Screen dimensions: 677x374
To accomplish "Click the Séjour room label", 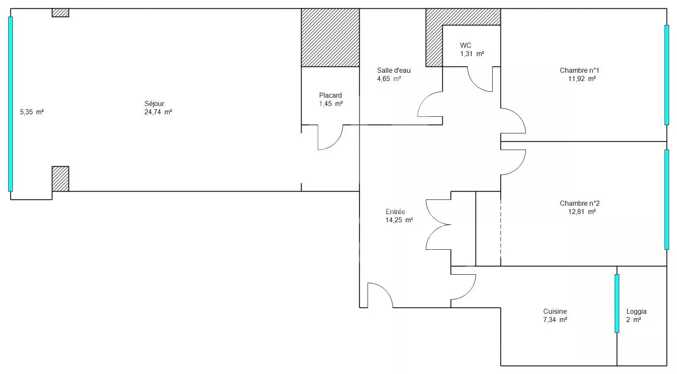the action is pyautogui.click(x=154, y=104).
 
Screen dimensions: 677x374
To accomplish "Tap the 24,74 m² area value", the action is pyautogui.click(x=158, y=112).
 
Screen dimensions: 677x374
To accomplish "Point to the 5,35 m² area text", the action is pyautogui.click(x=32, y=112).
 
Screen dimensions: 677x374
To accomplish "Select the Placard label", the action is pyautogui.click(x=330, y=95).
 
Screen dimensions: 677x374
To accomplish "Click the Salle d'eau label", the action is pyautogui.click(x=394, y=71).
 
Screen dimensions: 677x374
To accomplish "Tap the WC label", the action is pyautogui.click(x=466, y=45).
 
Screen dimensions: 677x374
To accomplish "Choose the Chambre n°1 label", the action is pyautogui.click(x=579, y=71).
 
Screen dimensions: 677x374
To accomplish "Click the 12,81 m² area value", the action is pyautogui.click(x=582, y=212).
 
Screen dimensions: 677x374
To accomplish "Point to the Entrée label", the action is pyautogui.click(x=395, y=212).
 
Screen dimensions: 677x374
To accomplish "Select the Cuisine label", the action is pyautogui.click(x=555, y=311).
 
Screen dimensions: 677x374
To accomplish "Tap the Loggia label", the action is pyautogui.click(x=636, y=311).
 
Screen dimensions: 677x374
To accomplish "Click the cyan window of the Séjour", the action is pyautogui.click(x=10, y=104).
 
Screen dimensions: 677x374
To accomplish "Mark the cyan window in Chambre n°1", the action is pyautogui.click(x=667, y=75).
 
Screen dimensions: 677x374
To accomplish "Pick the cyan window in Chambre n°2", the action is pyautogui.click(x=667, y=199).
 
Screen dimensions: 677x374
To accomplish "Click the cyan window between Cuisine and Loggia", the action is pyautogui.click(x=617, y=303).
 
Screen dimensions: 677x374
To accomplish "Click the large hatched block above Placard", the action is pyautogui.click(x=330, y=37).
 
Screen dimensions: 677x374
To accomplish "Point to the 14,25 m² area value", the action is pyautogui.click(x=399, y=220).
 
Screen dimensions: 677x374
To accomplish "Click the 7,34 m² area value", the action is pyautogui.click(x=555, y=320).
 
